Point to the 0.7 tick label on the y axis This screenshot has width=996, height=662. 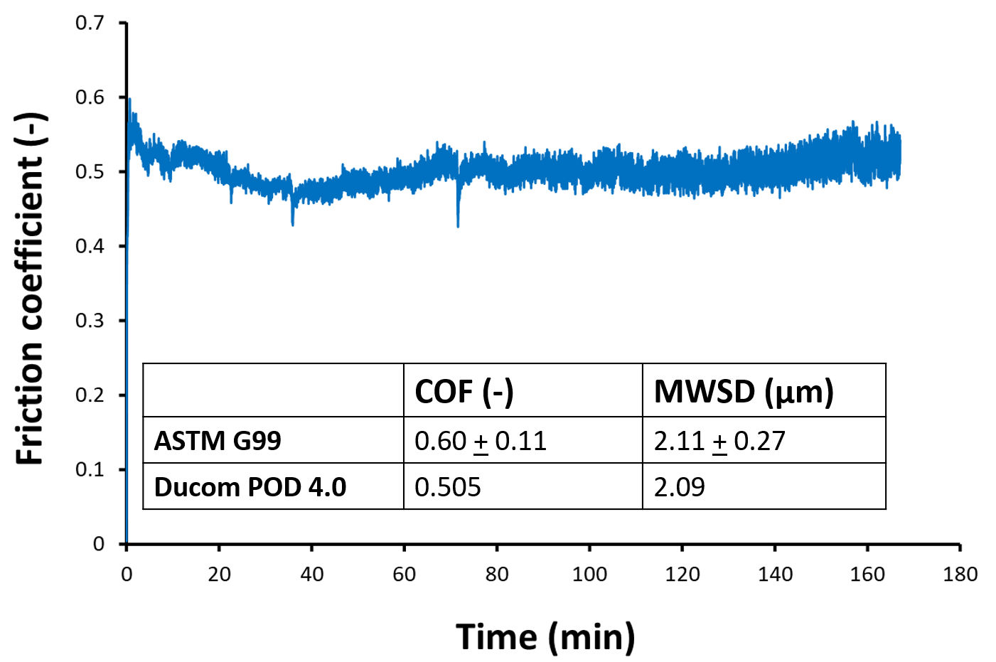point(90,23)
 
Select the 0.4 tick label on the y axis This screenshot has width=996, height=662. point(90,246)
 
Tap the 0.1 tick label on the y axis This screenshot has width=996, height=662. point(90,469)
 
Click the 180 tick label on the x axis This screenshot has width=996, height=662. point(960,575)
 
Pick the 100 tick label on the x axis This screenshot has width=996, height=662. point(589,575)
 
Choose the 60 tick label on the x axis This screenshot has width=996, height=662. point(404,575)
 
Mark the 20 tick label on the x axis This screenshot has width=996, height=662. point(219,575)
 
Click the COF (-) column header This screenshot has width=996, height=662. point(464,391)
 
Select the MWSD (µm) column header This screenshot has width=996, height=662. point(744,391)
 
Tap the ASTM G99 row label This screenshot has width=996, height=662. point(218,441)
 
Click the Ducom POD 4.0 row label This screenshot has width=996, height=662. point(250,487)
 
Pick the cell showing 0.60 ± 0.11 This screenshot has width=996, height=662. point(481,441)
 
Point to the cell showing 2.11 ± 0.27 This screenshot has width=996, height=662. point(719,441)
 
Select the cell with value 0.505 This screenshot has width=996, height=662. point(448,487)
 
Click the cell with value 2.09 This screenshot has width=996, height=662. point(680,487)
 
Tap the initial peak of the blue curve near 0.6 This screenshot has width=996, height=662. point(129,102)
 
